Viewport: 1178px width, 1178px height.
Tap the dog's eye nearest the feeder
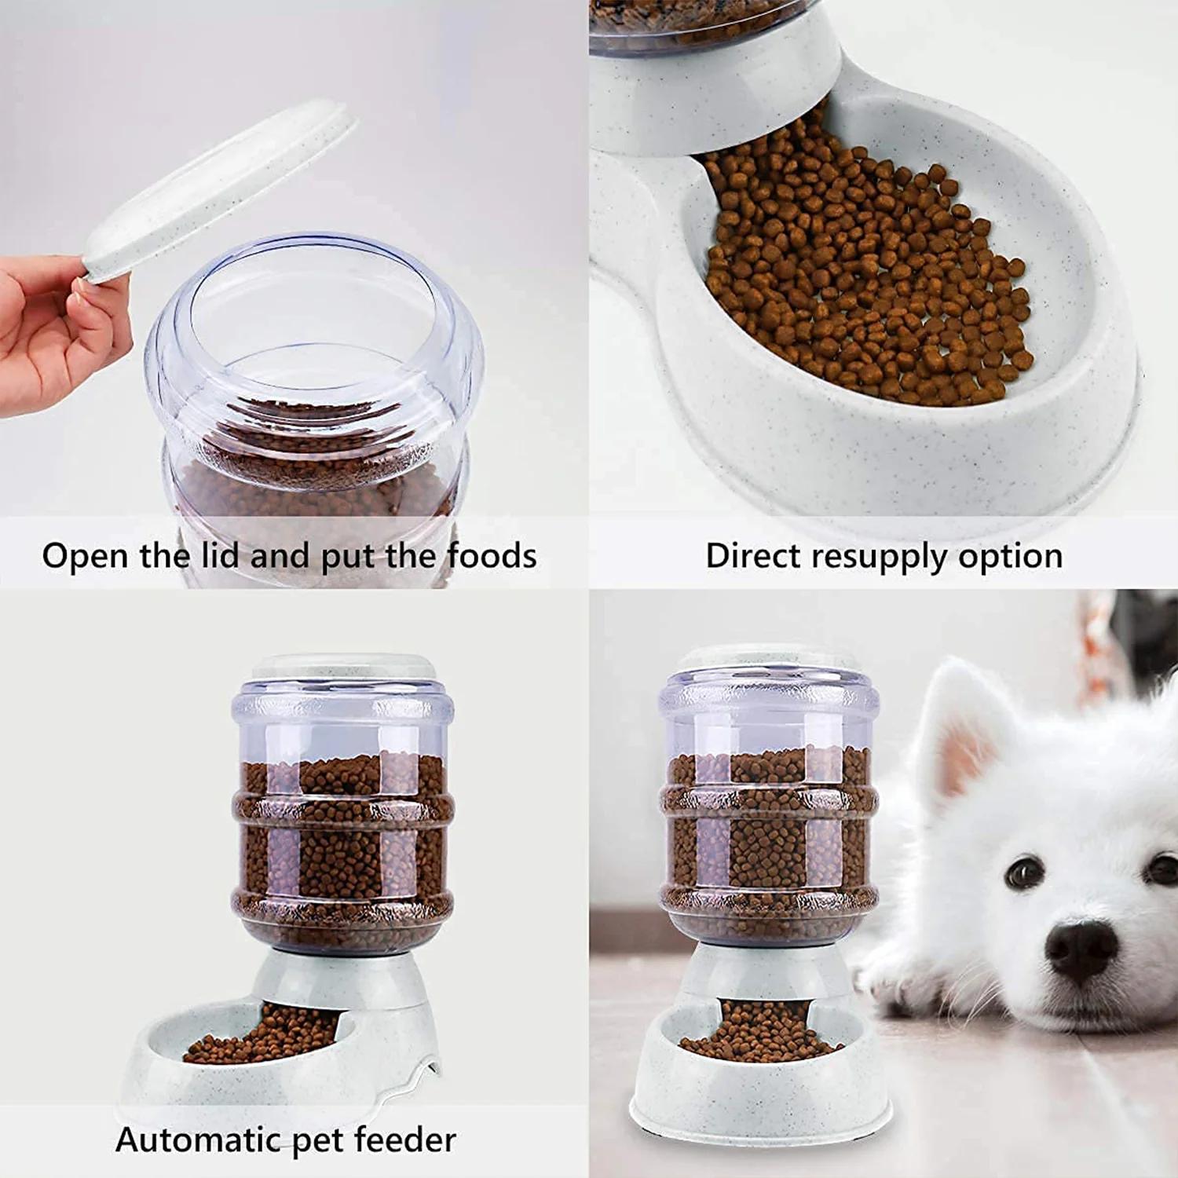tap(1025, 872)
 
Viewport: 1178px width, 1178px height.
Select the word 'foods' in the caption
tap(492, 555)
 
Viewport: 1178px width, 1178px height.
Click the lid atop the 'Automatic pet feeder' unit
tap(343, 667)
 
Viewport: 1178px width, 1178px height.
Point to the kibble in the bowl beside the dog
tap(758, 1033)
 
